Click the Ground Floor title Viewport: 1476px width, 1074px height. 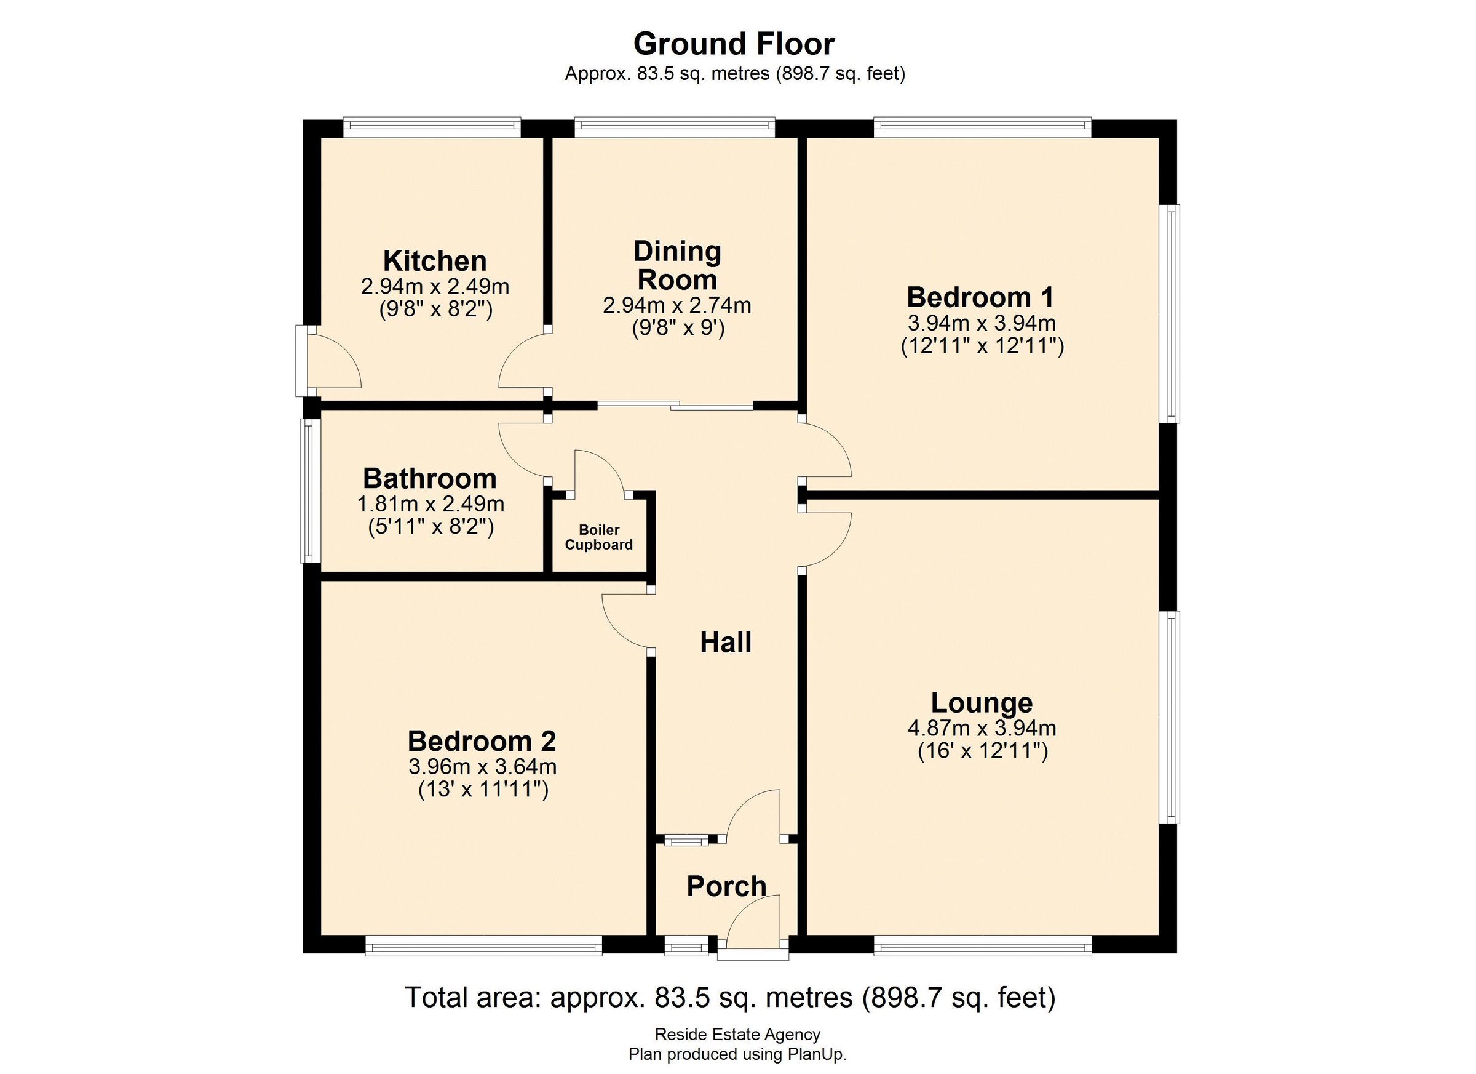[734, 44]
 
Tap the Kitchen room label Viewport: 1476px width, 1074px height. [435, 260]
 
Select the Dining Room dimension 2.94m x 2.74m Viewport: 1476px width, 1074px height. [677, 305]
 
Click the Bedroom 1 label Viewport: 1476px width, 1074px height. [980, 297]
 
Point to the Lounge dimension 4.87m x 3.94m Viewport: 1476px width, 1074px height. [982, 727]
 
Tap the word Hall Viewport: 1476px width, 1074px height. [726, 642]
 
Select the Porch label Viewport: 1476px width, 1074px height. [726, 886]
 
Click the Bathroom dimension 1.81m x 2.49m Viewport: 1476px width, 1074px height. [430, 503]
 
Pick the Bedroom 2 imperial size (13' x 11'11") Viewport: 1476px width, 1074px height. [482, 790]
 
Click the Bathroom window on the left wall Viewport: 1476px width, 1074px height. [309, 491]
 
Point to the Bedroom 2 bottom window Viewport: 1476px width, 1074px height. [483, 945]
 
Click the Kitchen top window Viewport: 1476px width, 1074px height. [432, 127]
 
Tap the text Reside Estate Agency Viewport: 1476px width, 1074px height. [737, 1033]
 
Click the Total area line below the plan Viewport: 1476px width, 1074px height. [729, 997]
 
